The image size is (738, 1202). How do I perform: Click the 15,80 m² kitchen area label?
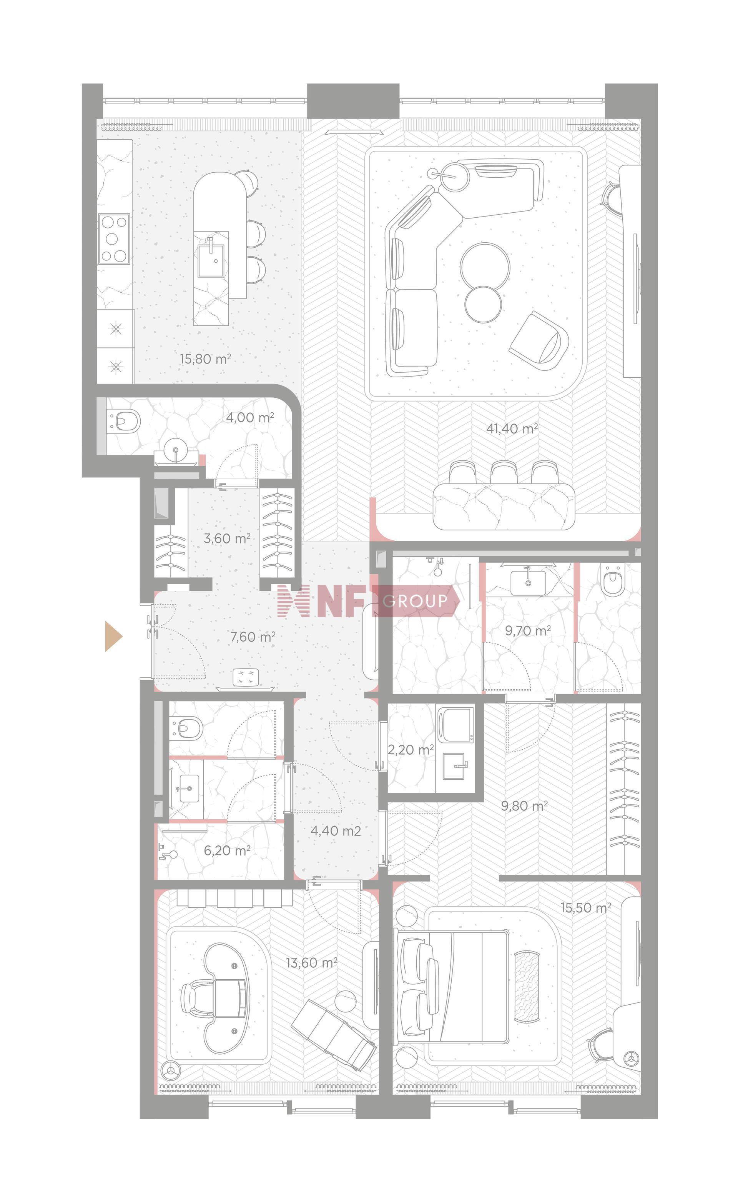(x=205, y=359)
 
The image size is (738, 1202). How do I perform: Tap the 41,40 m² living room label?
(x=512, y=429)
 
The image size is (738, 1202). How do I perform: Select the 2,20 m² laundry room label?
(x=411, y=750)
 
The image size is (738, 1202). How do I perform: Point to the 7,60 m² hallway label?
(x=253, y=637)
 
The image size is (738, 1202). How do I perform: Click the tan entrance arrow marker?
(x=113, y=636)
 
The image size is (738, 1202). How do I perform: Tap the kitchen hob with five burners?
(x=114, y=239)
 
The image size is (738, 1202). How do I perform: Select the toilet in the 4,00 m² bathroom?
(x=124, y=420)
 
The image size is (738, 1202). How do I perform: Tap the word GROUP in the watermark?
(x=416, y=600)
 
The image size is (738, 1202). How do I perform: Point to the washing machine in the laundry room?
(x=455, y=725)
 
